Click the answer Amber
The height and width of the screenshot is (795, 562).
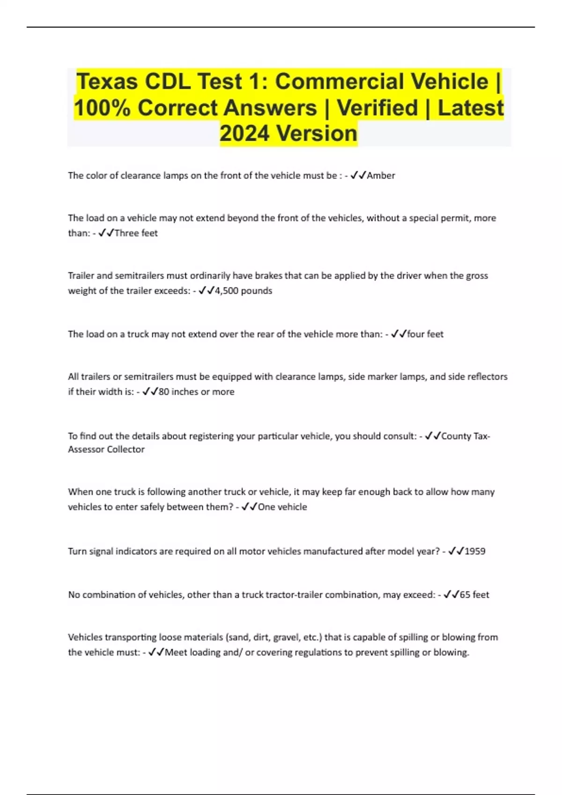tap(381, 175)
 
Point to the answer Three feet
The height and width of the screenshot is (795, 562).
tap(136, 233)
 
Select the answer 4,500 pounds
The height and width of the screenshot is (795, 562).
tap(243, 290)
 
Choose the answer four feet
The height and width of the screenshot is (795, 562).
tap(425, 334)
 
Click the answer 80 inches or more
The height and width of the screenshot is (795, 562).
tap(196, 391)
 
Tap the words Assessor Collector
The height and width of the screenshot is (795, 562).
tap(106, 449)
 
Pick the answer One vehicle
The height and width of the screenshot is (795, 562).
tap(282, 507)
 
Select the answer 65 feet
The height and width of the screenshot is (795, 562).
tap(474, 594)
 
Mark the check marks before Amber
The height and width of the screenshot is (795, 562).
tap(358, 175)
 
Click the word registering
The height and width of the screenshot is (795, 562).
tap(211, 436)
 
